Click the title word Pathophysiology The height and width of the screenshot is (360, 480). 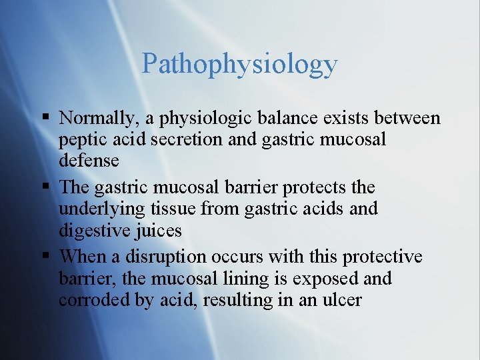click(x=239, y=65)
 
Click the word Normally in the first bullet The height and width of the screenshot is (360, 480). click(x=98, y=119)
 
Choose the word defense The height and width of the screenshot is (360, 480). click(x=89, y=161)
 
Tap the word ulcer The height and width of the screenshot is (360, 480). click(x=341, y=300)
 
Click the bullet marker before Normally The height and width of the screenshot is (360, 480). click(x=45, y=119)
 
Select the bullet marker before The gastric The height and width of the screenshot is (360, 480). click(x=45, y=187)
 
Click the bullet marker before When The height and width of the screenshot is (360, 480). click(x=45, y=257)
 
